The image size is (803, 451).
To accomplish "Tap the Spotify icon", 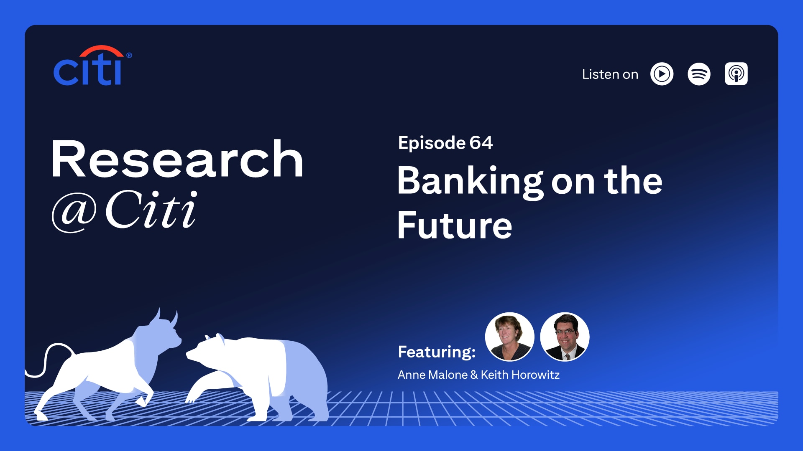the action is pyautogui.click(x=699, y=74).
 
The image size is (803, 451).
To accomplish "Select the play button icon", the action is pyautogui.click(x=662, y=74).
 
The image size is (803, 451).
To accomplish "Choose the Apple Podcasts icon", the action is pyautogui.click(x=736, y=74).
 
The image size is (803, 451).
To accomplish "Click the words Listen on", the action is pyautogui.click(x=610, y=74).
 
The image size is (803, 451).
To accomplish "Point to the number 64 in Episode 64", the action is pyautogui.click(x=481, y=143).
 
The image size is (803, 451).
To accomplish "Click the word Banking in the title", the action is pyautogui.click(x=470, y=182).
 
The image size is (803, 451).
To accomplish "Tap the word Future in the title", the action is pyautogui.click(x=455, y=225).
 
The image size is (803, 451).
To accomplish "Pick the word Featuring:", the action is pyautogui.click(x=437, y=352).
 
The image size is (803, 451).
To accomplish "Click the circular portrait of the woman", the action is pyautogui.click(x=509, y=337).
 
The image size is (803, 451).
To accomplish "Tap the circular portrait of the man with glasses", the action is pyautogui.click(x=565, y=337).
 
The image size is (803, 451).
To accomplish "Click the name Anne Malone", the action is pyautogui.click(x=432, y=375).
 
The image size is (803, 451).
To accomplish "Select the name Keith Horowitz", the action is pyautogui.click(x=520, y=375).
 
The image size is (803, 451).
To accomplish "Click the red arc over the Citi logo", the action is pyautogui.click(x=101, y=51).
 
